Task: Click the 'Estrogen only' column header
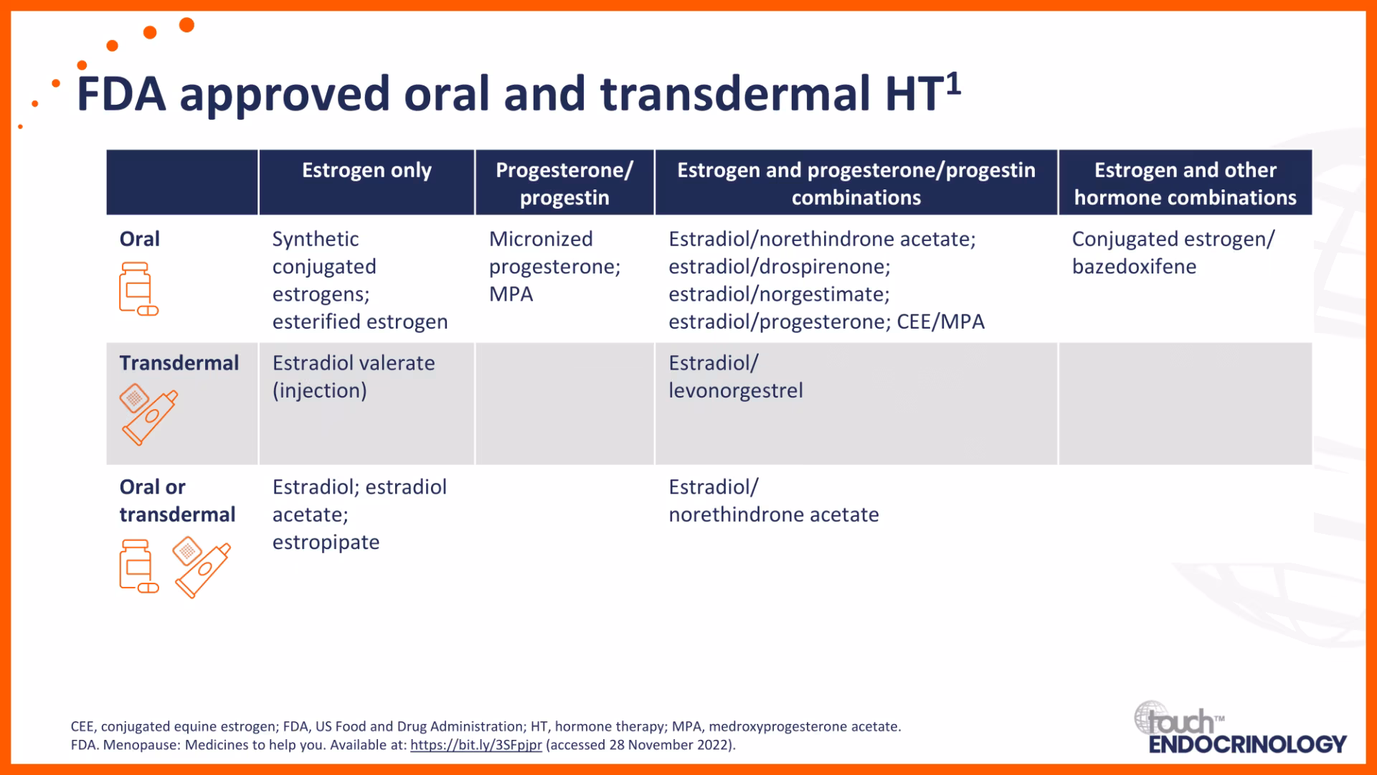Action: [x=366, y=170]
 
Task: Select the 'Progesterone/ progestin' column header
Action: [x=564, y=184]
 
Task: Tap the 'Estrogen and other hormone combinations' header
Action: [x=1186, y=184]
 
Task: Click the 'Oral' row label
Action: [x=140, y=239]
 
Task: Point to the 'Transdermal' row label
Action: [x=179, y=363]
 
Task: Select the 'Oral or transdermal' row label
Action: [x=177, y=501]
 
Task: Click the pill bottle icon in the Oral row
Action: [x=138, y=289]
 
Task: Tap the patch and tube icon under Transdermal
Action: [x=148, y=414]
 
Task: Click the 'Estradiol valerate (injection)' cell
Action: [x=354, y=377]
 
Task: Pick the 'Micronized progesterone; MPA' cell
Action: [x=555, y=266]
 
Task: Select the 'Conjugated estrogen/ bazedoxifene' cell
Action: [x=1173, y=253]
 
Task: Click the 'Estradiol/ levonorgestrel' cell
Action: [x=736, y=377]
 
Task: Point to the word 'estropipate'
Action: [x=326, y=542]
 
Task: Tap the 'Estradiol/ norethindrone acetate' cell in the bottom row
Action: [x=774, y=501]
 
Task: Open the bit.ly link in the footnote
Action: [x=476, y=745]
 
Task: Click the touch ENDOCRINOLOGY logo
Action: [x=1241, y=728]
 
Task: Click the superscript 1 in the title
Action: [x=953, y=85]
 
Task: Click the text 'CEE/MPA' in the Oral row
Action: [x=941, y=321]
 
